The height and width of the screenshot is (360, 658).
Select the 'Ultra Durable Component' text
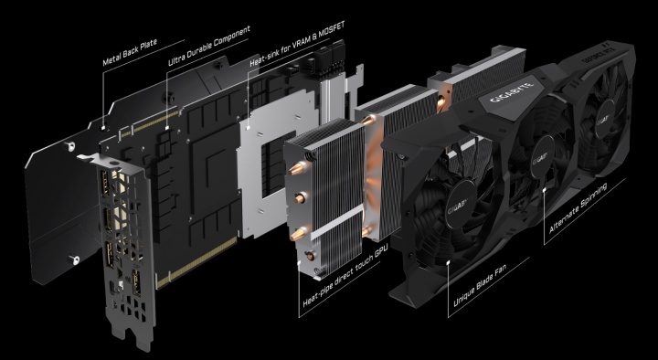[x=209, y=46]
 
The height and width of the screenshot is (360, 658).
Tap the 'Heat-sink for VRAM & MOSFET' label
[x=297, y=44]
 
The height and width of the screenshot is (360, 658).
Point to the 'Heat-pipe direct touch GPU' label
[x=345, y=278]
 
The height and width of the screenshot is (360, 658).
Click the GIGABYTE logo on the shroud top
[x=512, y=93]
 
